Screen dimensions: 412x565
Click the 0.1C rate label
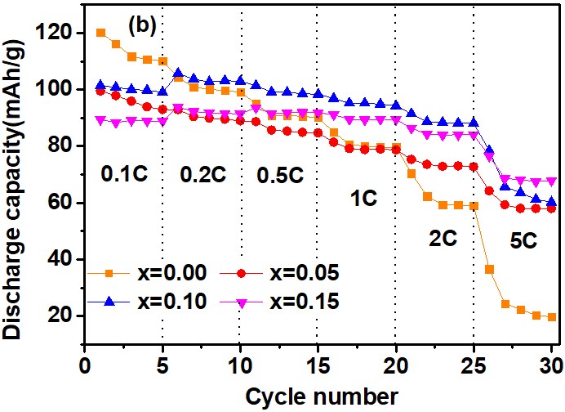pos(125,174)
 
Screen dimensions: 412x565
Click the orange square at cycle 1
pos(100,33)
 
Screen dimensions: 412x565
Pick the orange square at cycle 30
pos(552,317)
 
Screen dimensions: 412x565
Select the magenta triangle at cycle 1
pos(100,119)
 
